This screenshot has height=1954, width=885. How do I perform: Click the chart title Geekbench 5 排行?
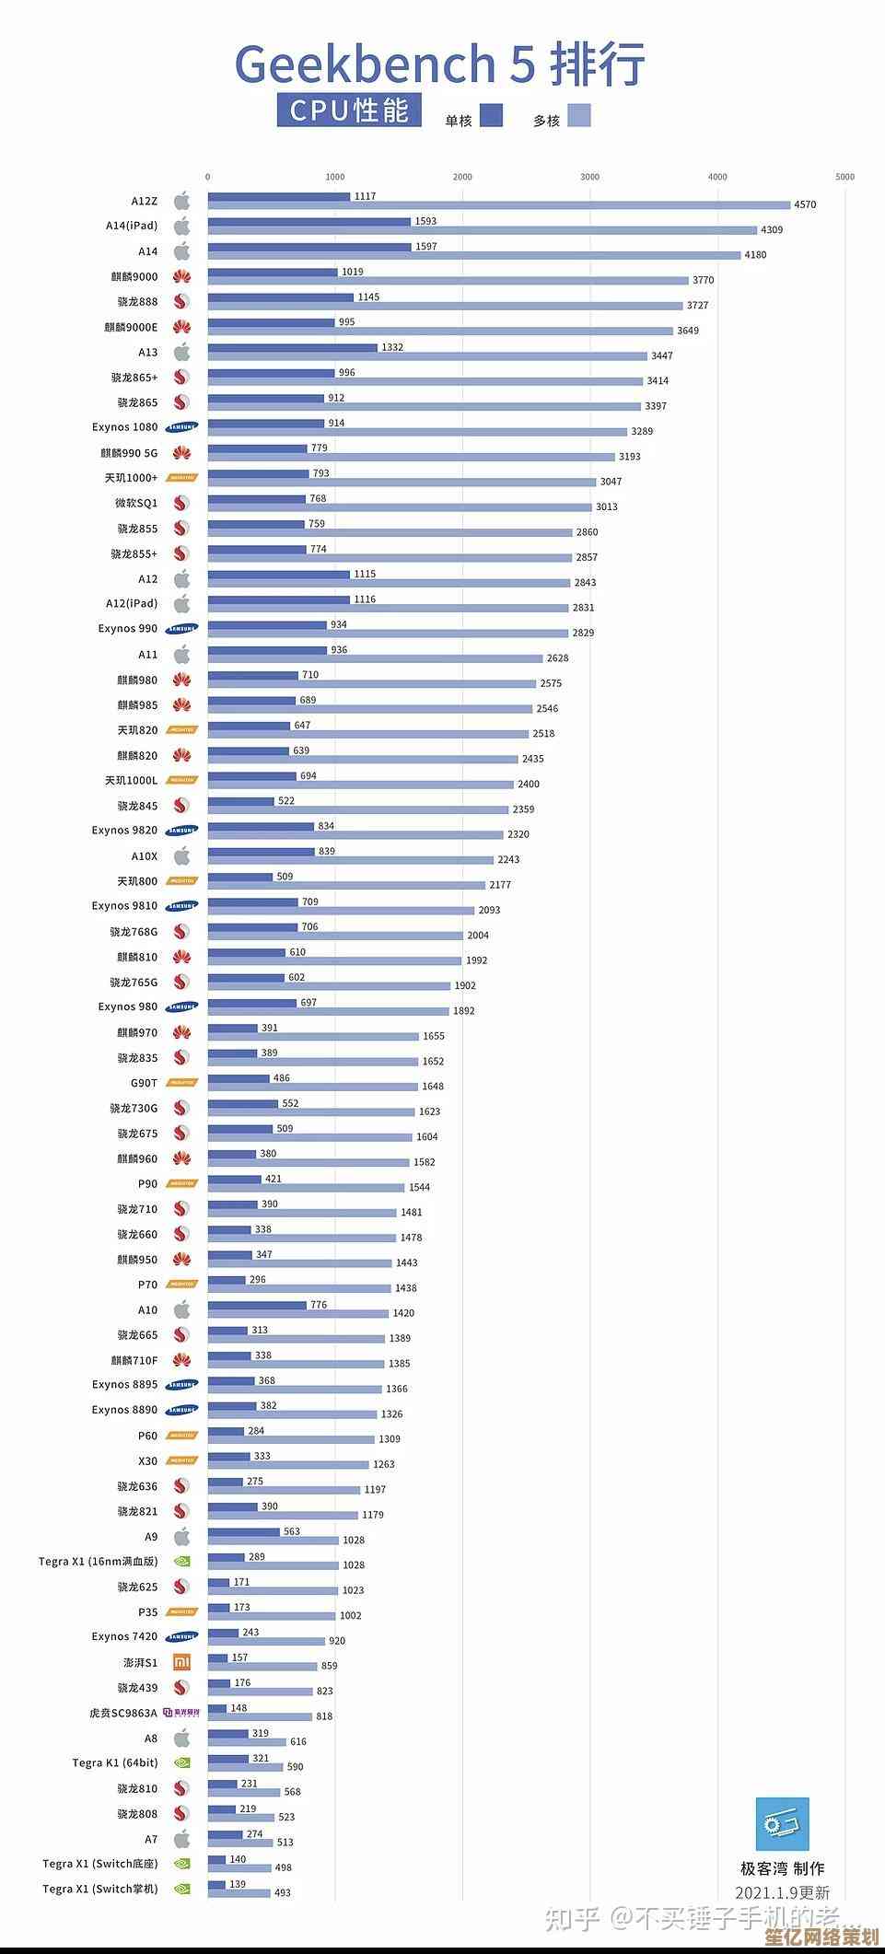pyautogui.click(x=440, y=64)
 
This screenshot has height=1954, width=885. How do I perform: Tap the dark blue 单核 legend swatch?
pyautogui.click(x=491, y=115)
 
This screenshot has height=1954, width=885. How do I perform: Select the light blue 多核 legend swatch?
pyautogui.click(x=578, y=115)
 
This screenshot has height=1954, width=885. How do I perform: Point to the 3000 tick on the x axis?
pyautogui.click(x=589, y=177)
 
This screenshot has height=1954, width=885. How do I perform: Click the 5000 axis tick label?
pyautogui.click(x=844, y=177)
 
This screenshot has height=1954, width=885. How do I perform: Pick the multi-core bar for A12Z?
pyautogui.click(x=498, y=205)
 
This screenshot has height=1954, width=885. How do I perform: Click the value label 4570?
pyautogui.click(x=805, y=205)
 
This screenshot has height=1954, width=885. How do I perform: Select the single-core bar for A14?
pyautogui.click(x=309, y=247)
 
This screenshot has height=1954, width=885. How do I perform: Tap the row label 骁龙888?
pyautogui.click(x=137, y=302)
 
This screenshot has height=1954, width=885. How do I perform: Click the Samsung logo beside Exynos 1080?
pyautogui.click(x=181, y=427)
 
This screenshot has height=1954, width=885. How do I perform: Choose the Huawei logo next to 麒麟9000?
pyautogui.click(x=181, y=276)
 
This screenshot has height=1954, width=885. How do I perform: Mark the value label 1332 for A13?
pyautogui.click(x=392, y=347)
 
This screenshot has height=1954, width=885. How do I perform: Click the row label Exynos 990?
pyautogui.click(x=128, y=629)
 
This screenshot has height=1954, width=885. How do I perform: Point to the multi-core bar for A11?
pyautogui.click(x=375, y=658)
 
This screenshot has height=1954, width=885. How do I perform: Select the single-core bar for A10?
pyautogui.click(x=257, y=1305)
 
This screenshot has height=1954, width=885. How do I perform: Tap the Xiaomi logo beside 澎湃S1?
pyautogui.click(x=181, y=1662)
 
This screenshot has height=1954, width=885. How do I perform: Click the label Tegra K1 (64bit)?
pyautogui.click(x=115, y=1762)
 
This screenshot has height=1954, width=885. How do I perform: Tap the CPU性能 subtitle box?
pyautogui.click(x=349, y=110)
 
